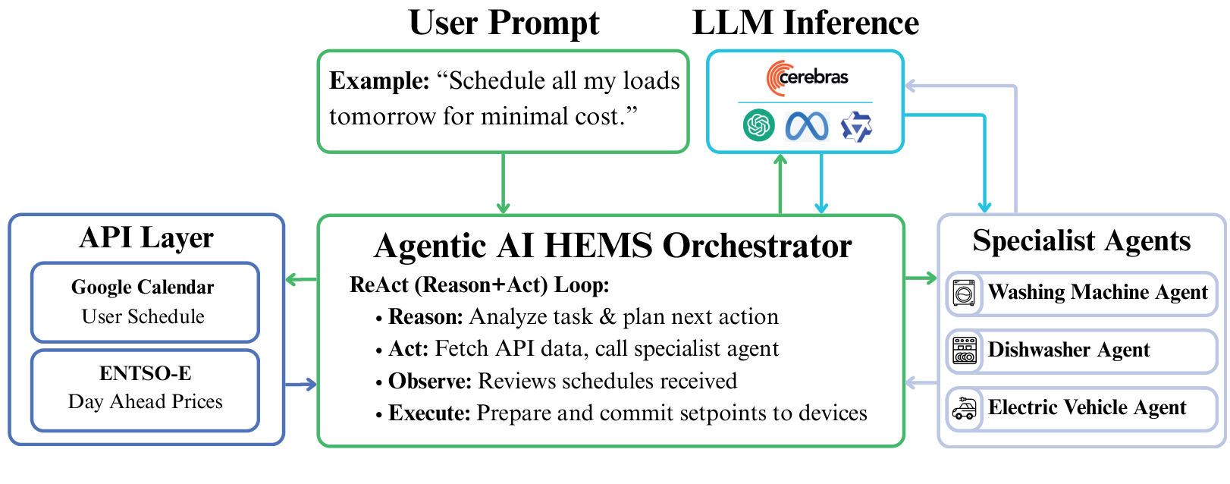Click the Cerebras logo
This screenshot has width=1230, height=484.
[806, 77]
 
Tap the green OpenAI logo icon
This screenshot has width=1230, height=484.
[758, 125]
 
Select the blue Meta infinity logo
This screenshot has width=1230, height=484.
[807, 126]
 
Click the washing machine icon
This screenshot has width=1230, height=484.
[965, 293]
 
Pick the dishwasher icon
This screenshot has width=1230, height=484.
[965, 350]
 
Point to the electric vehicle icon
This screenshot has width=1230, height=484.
[965, 408]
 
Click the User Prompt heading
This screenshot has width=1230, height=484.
[504, 23]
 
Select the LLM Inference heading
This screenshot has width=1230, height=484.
[805, 23]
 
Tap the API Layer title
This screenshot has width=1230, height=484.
[146, 237]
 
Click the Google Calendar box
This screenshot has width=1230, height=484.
[145, 302]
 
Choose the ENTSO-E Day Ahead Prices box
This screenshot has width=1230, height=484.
[145, 389]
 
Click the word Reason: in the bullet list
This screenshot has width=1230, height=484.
[425, 316]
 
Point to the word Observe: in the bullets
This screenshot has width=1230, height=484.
[430, 381]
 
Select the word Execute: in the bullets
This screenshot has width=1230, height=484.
[429, 413]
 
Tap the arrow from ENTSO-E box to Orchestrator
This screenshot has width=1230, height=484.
[301, 385]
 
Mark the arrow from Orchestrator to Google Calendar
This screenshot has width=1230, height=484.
[301, 280]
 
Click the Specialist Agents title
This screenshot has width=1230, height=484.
[1081, 240]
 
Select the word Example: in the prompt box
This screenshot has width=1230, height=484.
[379, 80]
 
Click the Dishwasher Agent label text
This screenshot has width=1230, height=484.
[1068, 350]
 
